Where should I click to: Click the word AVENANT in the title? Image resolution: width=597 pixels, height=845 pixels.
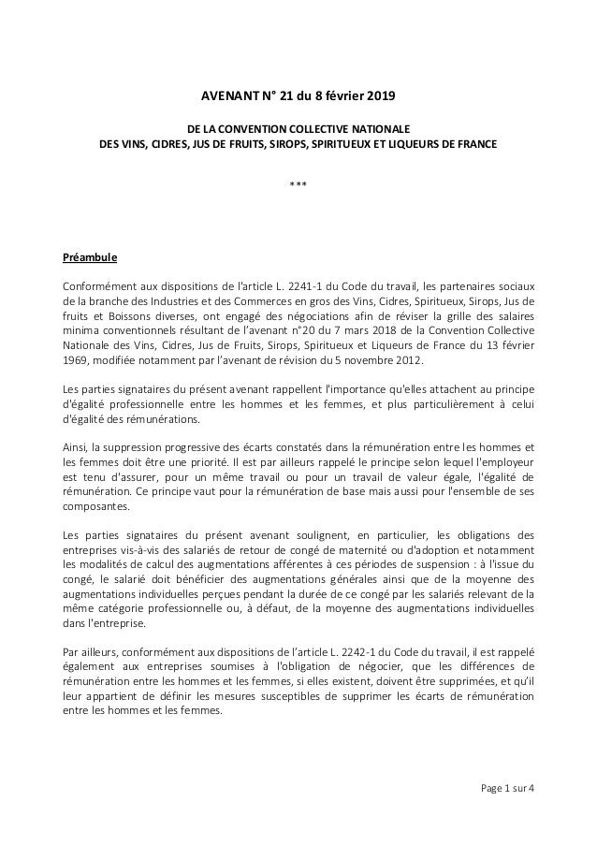click(229, 96)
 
